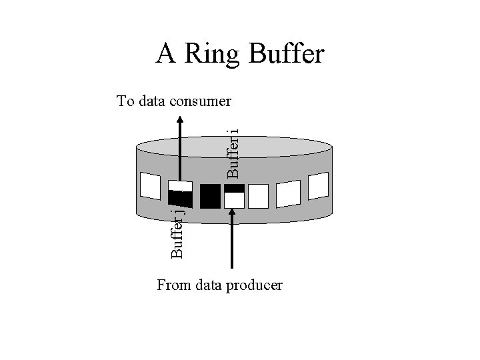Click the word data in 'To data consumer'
(151, 101)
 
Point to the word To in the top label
(125, 101)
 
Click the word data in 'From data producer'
(209, 286)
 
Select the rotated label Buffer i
(233, 153)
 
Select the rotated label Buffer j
(177, 233)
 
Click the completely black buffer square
(210, 195)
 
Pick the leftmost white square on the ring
(150, 186)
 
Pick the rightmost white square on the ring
(319, 185)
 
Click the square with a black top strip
(234, 196)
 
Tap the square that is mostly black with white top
(180, 194)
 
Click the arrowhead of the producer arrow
(233, 214)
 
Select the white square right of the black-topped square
(258, 196)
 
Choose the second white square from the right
(288, 193)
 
